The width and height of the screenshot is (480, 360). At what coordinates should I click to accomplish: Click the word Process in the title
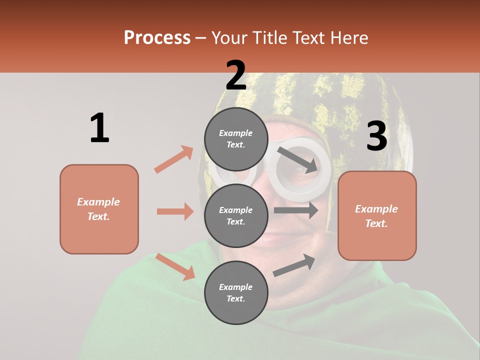tap(157, 38)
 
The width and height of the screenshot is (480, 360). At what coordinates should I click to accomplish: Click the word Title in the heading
tap(268, 38)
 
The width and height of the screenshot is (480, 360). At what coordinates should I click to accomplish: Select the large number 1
tap(99, 128)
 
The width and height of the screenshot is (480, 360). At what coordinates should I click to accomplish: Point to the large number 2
tap(236, 76)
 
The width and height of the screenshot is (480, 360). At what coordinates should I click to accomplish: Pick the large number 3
tap(376, 136)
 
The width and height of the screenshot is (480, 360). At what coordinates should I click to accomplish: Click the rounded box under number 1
tap(99, 209)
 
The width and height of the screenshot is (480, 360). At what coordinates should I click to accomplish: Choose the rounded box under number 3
tap(377, 215)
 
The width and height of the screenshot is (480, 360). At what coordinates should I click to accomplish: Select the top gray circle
tap(236, 139)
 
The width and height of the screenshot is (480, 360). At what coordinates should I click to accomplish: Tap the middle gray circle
tap(236, 215)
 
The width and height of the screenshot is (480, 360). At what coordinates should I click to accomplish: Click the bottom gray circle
tap(236, 292)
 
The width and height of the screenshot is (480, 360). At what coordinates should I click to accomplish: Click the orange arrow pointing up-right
tap(174, 159)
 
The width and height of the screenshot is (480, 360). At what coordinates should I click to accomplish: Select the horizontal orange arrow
tap(175, 211)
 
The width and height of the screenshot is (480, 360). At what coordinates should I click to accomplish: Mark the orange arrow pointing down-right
tap(175, 266)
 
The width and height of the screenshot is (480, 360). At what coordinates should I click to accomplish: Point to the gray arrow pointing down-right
tap(297, 159)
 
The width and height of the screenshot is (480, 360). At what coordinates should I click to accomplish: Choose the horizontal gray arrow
tap(295, 210)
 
